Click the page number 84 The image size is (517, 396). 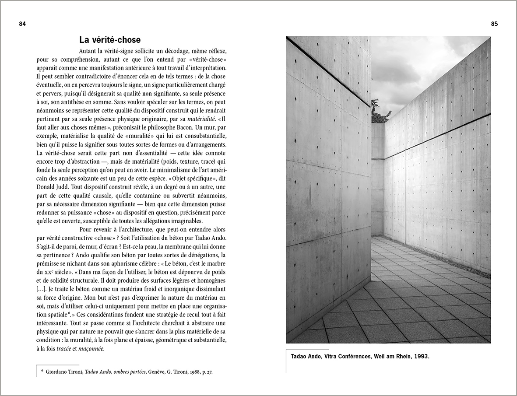[x=23, y=24]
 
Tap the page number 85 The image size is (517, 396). [x=494, y=24]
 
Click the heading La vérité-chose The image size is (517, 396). [x=110, y=40]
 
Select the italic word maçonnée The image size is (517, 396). [x=91, y=349]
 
